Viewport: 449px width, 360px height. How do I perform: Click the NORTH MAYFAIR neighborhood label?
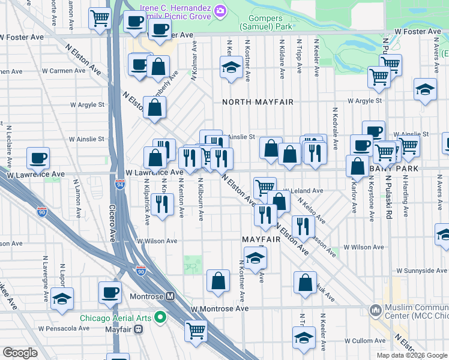click(x=258, y=102)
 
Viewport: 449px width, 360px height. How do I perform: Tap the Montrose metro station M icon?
click(x=170, y=296)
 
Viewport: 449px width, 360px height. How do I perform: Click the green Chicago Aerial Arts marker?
click(x=160, y=317)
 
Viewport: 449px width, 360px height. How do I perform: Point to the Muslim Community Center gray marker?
click(x=376, y=310)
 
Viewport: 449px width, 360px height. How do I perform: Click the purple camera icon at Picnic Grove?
click(x=220, y=11)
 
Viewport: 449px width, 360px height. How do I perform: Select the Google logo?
click(x=19, y=353)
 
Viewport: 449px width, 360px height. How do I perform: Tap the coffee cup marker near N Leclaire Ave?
click(x=38, y=158)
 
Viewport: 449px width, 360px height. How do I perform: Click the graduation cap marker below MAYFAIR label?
click(x=255, y=259)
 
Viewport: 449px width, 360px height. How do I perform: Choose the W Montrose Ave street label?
click(x=220, y=308)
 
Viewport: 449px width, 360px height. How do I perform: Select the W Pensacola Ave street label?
click(x=64, y=328)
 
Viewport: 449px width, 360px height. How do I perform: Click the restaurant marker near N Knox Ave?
click(x=161, y=205)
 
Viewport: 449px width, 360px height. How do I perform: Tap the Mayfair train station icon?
click(x=139, y=329)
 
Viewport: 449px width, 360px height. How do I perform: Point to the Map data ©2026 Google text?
click(x=412, y=355)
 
